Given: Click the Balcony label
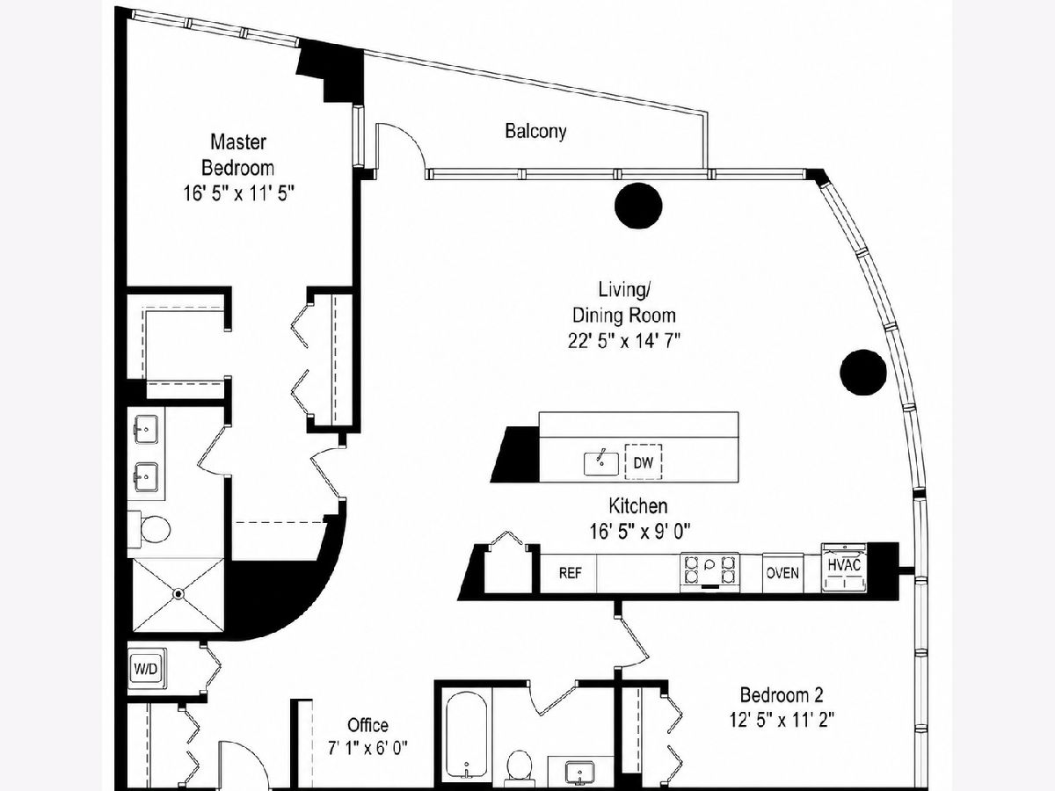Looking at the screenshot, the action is pyautogui.click(x=535, y=131).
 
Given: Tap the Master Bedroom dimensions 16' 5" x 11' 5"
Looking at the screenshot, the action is pyautogui.click(x=238, y=193).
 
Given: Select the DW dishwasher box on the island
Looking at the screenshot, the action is pyautogui.click(x=643, y=462).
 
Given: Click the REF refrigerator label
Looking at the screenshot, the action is pyautogui.click(x=570, y=573).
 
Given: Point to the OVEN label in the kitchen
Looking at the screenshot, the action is pyautogui.click(x=782, y=573).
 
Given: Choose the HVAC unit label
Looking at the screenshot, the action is pyautogui.click(x=844, y=565).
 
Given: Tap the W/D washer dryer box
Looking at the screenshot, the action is pyautogui.click(x=147, y=669).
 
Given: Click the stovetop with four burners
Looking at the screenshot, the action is pyautogui.click(x=709, y=570).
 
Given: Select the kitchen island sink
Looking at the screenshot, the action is pyautogui.click(x=601, y=463).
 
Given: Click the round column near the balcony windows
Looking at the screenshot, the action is pyautogui.click(x=638, y=206).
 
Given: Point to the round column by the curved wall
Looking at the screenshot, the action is pyautogui.click(x=863, y=372).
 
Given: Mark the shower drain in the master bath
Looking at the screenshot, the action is pyautogui.click(x=178, y=595).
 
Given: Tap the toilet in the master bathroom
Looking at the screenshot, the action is pyautogui.click(x=150, y=529).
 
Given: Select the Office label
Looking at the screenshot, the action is pyautogui.click(x=367, y=725).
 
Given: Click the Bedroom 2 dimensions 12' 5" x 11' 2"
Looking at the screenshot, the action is pyautogui.click(x=782, y=721).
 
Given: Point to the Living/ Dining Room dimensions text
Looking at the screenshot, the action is pyautogui.click(x=624, y=341).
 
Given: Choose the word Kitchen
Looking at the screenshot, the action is pyautogui.click(x=637, y=506).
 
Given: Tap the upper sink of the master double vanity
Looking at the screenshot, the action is pyautogui.click(x=146, y=429).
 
